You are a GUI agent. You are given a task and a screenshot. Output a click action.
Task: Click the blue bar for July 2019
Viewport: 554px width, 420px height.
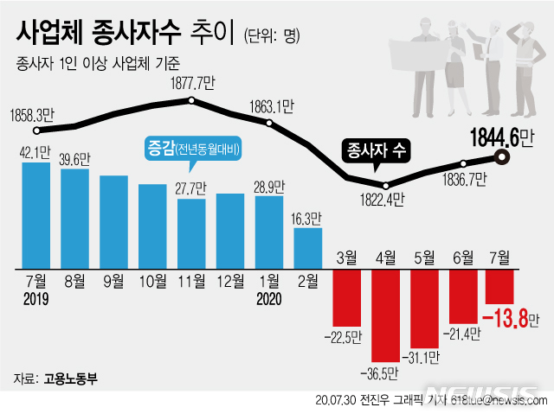(36, 214)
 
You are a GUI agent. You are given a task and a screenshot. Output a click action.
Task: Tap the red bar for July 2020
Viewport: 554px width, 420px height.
(500, 286)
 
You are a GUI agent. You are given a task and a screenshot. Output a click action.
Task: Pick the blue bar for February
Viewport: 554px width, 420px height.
(308, 248)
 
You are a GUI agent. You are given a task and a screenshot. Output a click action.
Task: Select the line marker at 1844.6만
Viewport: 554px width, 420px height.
(501, 156)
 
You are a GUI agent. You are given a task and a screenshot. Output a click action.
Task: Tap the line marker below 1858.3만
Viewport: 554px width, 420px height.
(36, 131)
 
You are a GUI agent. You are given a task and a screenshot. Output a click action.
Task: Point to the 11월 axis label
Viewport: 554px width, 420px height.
(191, 282)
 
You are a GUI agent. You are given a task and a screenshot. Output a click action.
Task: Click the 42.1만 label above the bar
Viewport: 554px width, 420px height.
(36, 150)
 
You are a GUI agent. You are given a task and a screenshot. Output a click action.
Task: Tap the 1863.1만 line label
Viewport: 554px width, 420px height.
(271, 106)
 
